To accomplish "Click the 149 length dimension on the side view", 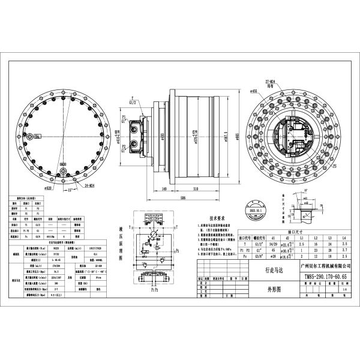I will pyautogui.click(x=147, y=188).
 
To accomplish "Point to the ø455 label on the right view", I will pyautogui.click(x=254, y=91).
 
